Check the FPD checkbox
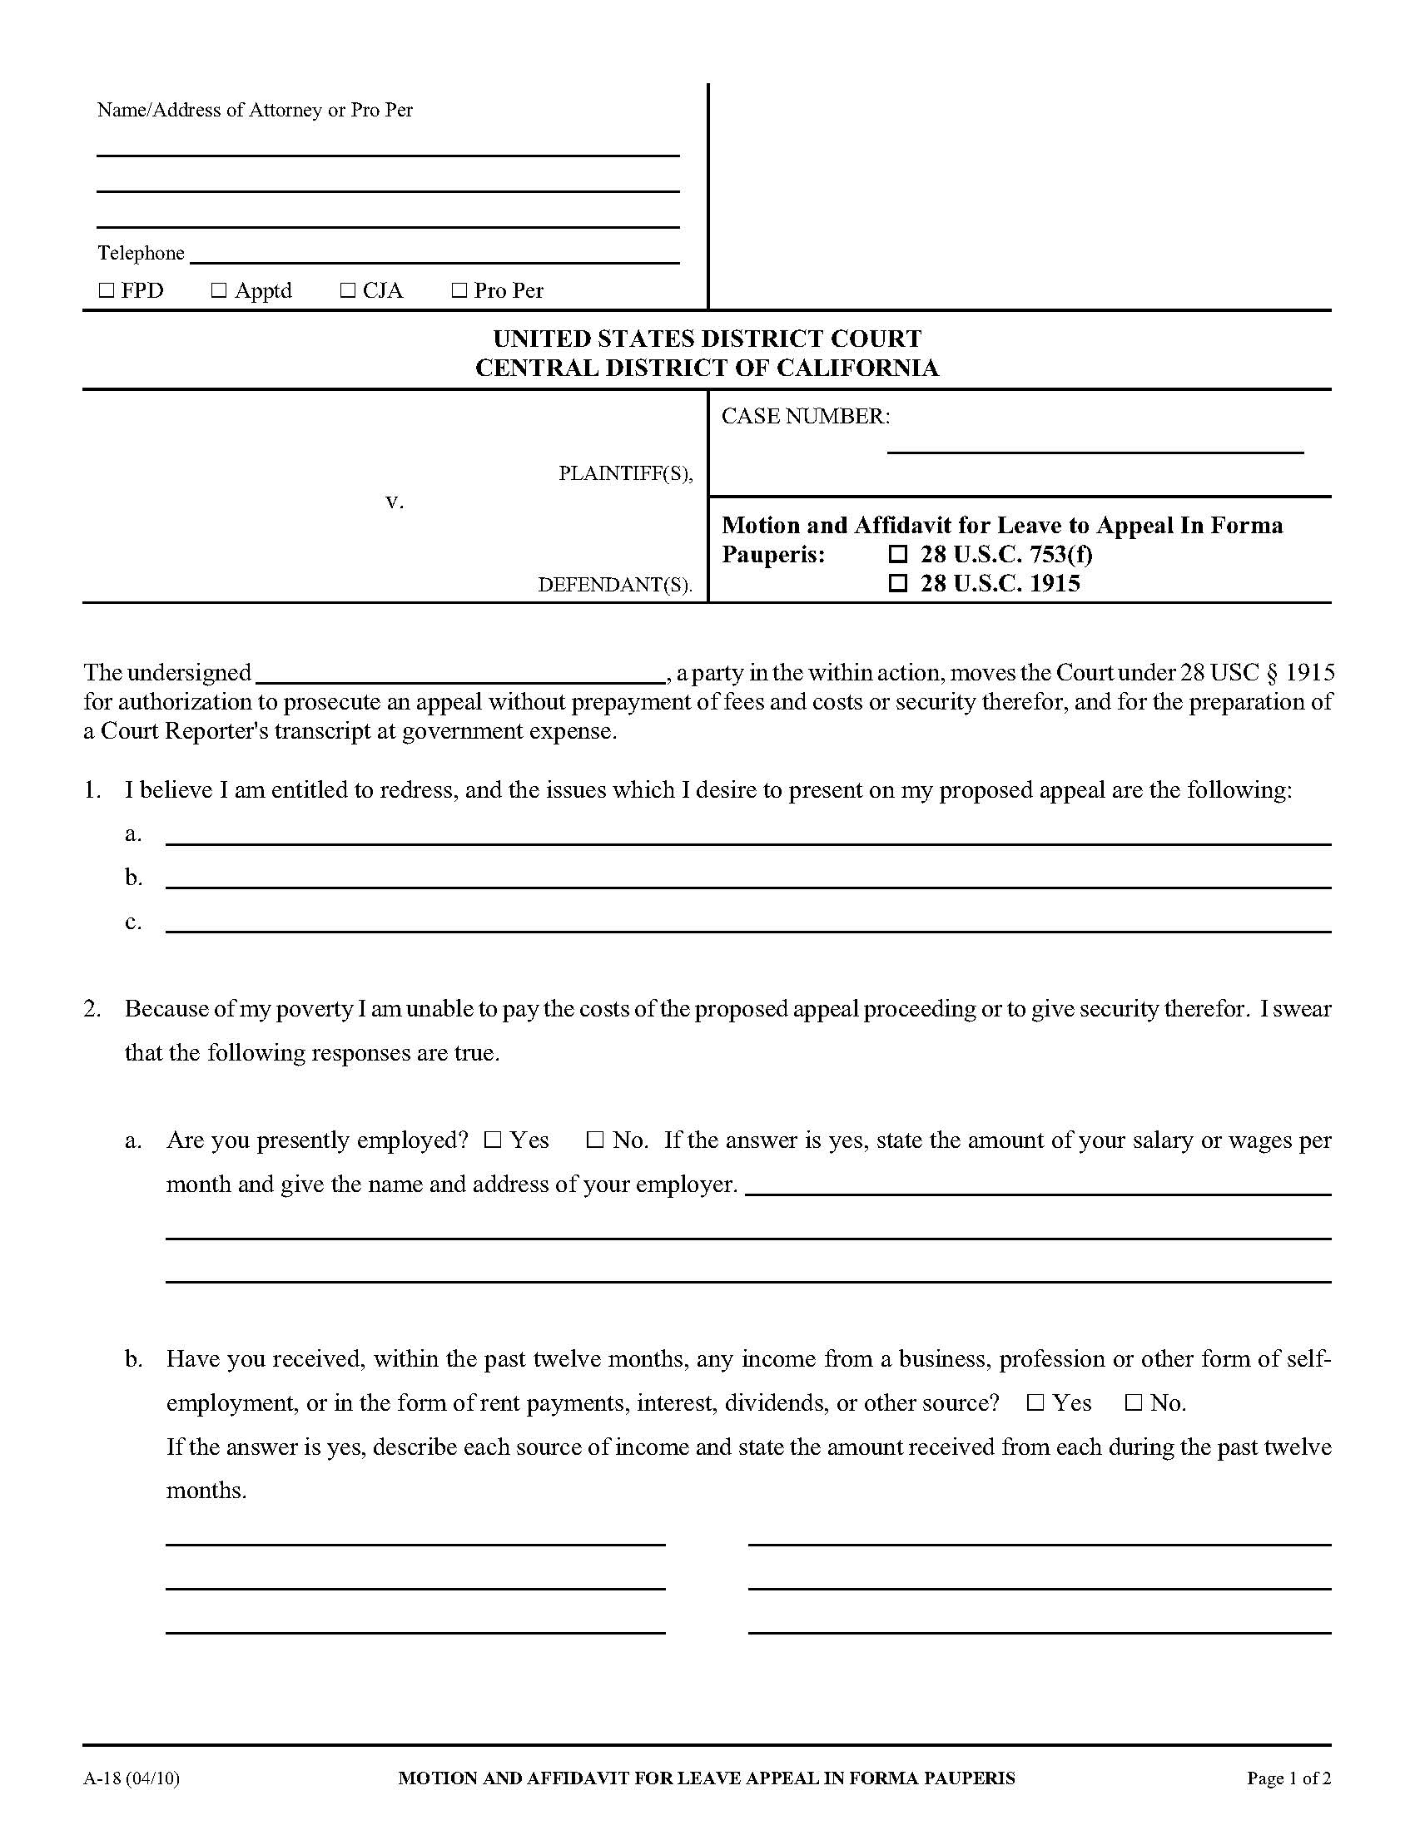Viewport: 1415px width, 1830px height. click(x=107, y=291)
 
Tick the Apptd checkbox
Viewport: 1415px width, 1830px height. click(x=219, y=291)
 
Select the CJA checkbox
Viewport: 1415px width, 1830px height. click(x=348, y=291)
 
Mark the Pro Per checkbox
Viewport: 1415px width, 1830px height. click(x=459, y=291)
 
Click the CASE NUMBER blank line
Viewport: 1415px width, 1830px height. click(x=1095, y=444)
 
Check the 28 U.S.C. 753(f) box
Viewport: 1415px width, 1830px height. click(x=898, y=555)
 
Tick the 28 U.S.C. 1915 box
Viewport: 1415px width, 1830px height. click(x=898, y=583)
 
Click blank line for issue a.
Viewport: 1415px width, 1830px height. click(x=747, y=836)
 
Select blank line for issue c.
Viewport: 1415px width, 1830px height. click(x=747, y=923)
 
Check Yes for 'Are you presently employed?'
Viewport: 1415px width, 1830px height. click(x=493, y=1140)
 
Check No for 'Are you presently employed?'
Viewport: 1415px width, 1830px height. click(x=595, y=1140)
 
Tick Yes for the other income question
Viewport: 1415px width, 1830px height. click(x=1036, y=1403)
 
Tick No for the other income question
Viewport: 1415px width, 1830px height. click(x=1134, y=1403)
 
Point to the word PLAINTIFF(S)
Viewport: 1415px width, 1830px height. click(x=625, y=474)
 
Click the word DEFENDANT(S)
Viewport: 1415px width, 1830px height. click(x=614, y=585)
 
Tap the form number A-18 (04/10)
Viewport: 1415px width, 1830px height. click(x=132, y=1778)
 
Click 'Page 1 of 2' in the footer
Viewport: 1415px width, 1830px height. click(x=1288, y=1778)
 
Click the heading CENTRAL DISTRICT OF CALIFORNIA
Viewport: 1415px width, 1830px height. click(x=707, y=368)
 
